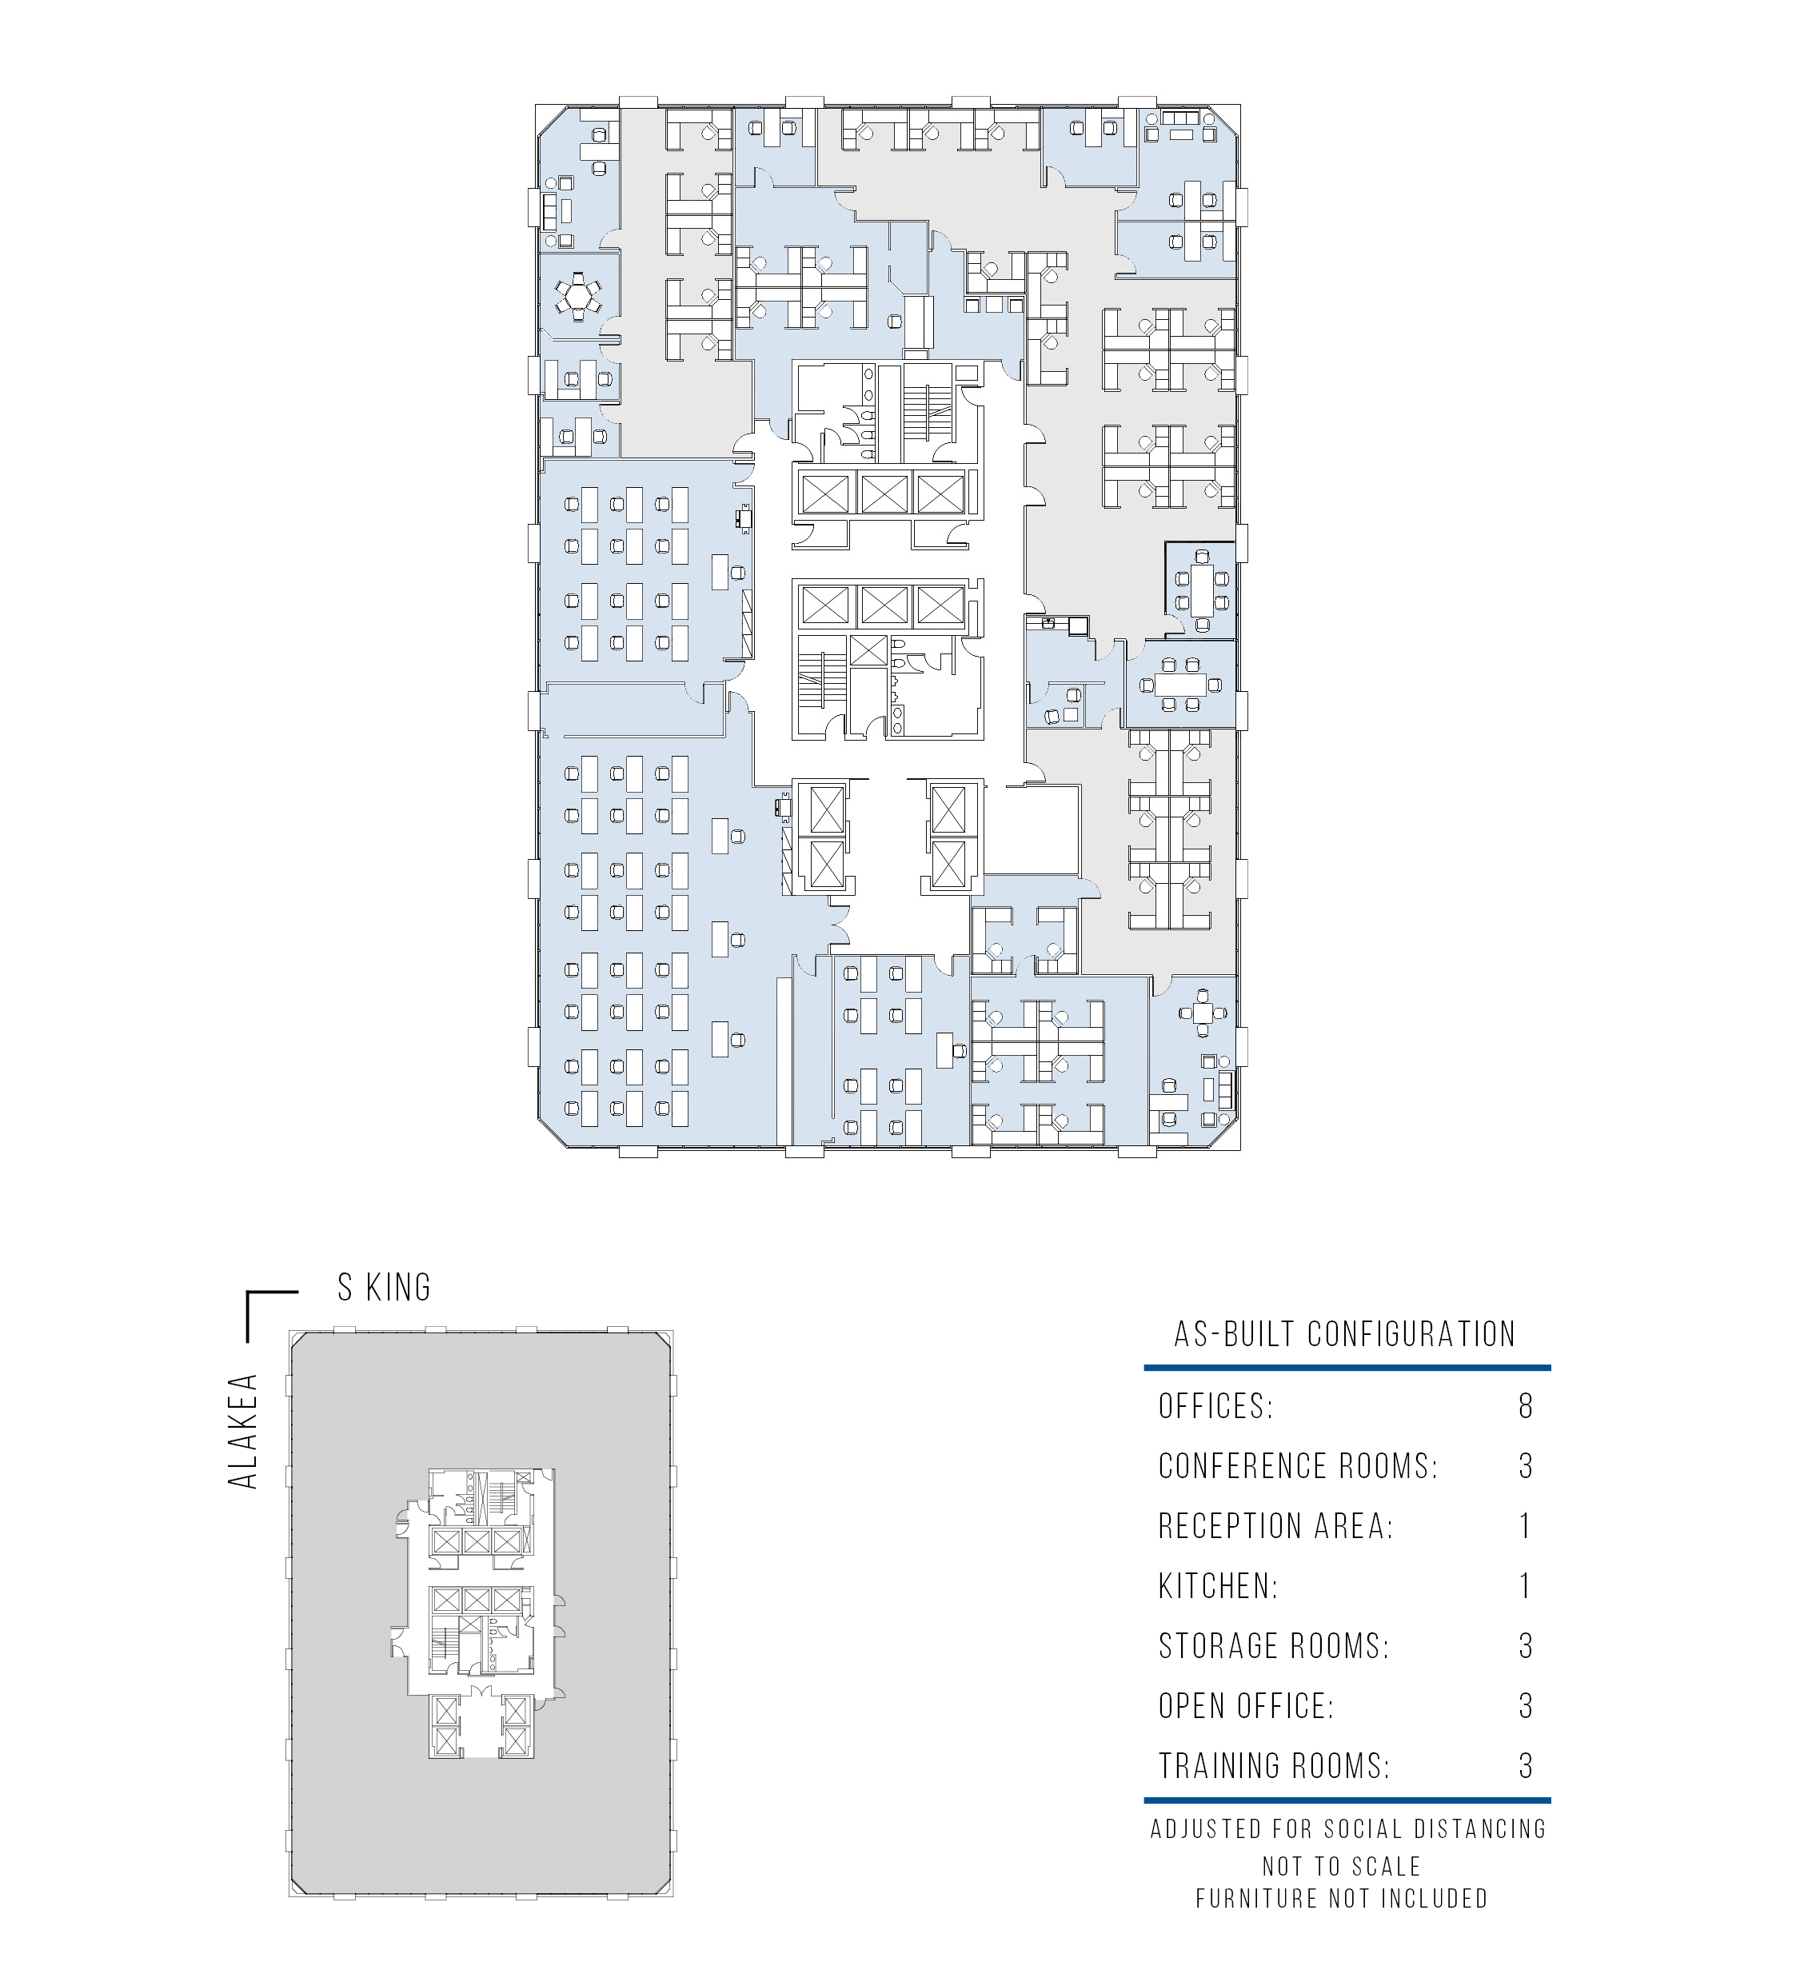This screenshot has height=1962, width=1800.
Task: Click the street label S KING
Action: coord(384,1288)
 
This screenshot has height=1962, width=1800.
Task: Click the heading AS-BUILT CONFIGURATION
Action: coord(1345,1333)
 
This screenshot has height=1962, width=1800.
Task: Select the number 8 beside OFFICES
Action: coord(1526,1406)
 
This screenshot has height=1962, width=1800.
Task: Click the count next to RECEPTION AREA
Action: coord(1526,1525)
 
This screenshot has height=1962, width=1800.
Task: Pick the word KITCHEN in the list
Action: coord(1218,1586)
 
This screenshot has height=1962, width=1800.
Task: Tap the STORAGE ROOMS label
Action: coord(1274,1645)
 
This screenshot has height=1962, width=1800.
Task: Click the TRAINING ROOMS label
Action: coord(1274,1765)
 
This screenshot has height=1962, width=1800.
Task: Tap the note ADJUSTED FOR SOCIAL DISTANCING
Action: coord(1349,1829)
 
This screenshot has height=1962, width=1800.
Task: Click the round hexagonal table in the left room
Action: coord(579,295)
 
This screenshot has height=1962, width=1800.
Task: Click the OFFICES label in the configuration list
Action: coord(1215,1406)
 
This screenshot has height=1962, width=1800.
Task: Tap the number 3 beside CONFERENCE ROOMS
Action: coord(1526,1466)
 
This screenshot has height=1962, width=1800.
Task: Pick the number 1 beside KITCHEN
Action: coord(1526,1586)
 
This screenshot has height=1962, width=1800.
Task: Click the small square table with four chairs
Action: coord(1204,1014)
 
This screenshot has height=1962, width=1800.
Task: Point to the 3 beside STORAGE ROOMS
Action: coord(1526,1645)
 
